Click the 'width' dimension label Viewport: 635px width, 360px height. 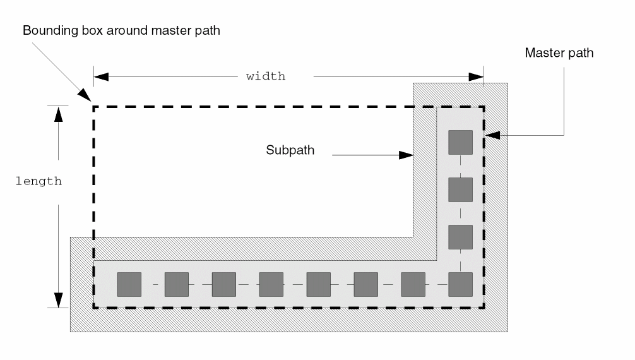tap(266, 76)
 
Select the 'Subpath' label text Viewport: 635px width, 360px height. tap(290, 151)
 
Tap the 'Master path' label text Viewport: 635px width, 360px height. tap(559, 53)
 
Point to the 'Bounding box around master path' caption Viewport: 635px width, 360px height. tap(121, 30)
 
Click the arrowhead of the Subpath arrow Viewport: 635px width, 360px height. tap(407, 153)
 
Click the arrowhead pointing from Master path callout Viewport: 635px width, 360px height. tap(492, 135)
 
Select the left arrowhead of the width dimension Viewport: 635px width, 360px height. tap(101, 76)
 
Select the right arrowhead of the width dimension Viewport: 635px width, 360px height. tap(477, 76)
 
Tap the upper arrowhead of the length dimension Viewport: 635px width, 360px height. tap(58, 112)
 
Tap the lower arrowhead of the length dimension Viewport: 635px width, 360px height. tap(58, 299)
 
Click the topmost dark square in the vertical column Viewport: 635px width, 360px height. tap(460, 142)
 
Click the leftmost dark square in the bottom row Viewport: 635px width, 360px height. tap(129, 284)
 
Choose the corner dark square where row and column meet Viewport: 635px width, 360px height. tap(460, 284)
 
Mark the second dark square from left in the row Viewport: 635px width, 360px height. tap(177, 284)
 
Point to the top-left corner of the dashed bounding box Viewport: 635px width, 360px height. tap(94, 107)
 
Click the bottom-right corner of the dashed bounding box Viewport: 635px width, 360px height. tap(484, 308)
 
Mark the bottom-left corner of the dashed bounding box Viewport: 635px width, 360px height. tap(94, 308)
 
